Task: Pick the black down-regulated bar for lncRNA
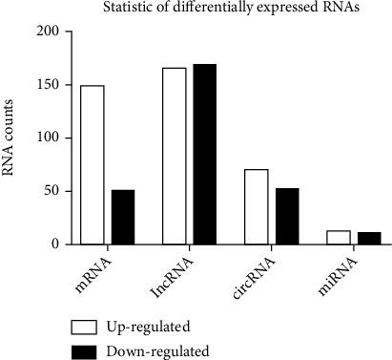(x=205, y=154)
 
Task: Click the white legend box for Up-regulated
(x=88, y=322)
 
